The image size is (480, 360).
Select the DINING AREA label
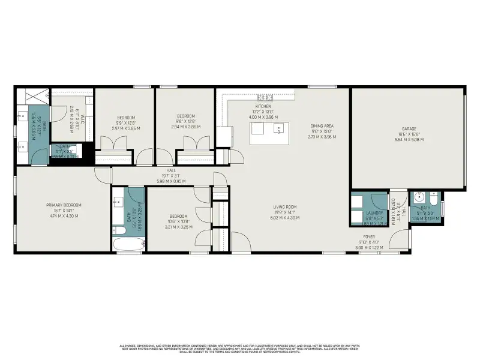(322, 126)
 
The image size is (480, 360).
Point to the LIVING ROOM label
(286, 207)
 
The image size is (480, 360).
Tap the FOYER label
(369, 237)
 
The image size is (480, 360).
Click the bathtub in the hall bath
(128, 244)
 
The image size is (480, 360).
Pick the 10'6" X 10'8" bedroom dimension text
(178, 221)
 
